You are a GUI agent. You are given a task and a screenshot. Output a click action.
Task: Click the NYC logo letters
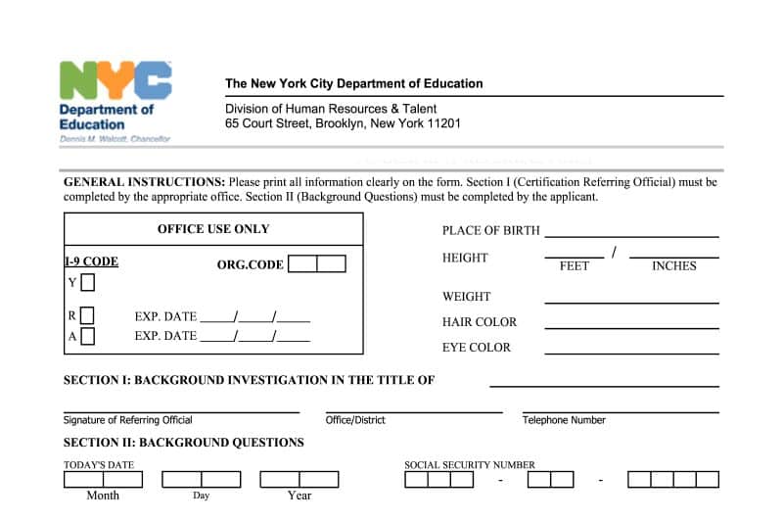click(x=115, y=80)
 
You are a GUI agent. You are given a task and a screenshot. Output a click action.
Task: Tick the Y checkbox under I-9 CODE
click(x=88, y=283)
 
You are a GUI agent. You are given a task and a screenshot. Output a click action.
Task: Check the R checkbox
click(x=88, y=315)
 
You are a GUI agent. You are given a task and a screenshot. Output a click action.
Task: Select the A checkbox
click(x=88, y=336)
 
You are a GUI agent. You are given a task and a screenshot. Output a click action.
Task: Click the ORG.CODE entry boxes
click(x=317, y=264)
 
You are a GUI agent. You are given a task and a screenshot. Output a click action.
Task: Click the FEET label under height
click(x=574, y=265)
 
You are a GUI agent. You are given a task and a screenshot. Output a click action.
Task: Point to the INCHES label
click(x=673, y=265)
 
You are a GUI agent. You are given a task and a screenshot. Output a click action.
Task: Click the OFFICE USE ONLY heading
click(x=213, y=229)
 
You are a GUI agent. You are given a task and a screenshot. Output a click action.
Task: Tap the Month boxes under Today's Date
click(x=103, y=480)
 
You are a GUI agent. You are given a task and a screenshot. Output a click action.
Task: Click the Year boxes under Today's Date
click(x=299, y=480)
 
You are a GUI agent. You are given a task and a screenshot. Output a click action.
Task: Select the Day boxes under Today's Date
click(x=201, y=480)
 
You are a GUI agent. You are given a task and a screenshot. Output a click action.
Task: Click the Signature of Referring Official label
click(x=128, y=420)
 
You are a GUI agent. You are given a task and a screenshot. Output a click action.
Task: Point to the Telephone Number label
click(x=564, y=420)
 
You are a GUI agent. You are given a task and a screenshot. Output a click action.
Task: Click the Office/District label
click(x=355, y=420)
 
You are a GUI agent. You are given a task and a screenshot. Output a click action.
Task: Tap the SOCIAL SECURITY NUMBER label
click(x=470, y=465)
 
